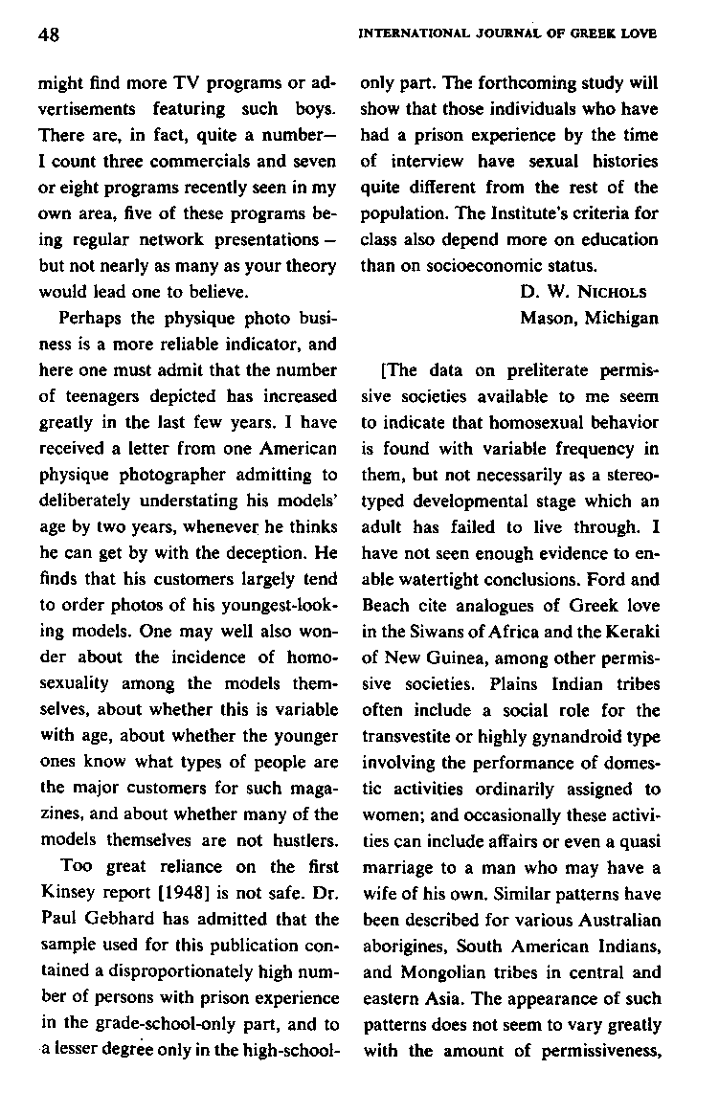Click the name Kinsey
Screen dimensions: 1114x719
[64, 893]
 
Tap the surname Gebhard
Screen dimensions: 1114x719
[108, 918]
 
